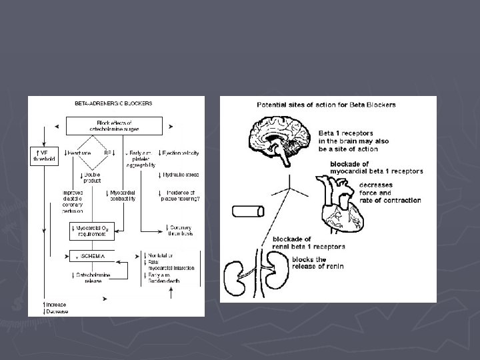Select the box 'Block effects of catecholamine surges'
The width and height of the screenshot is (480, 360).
coord(114,125)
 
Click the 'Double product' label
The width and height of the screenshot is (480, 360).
coord(91,178)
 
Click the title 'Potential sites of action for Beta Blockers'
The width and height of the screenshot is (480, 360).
coord(327,105)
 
